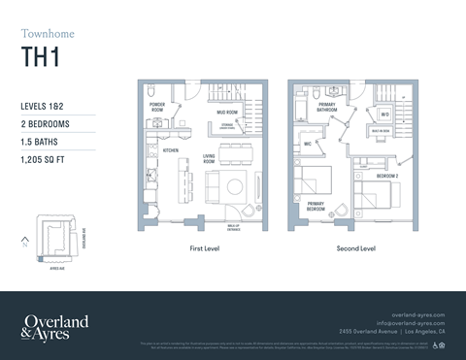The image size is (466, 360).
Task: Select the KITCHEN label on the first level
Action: (169, 150)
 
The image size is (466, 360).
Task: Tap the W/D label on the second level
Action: (384, 115)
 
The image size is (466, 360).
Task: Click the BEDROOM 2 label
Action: (387, 176)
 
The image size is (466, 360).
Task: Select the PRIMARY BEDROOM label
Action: (316, 208)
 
